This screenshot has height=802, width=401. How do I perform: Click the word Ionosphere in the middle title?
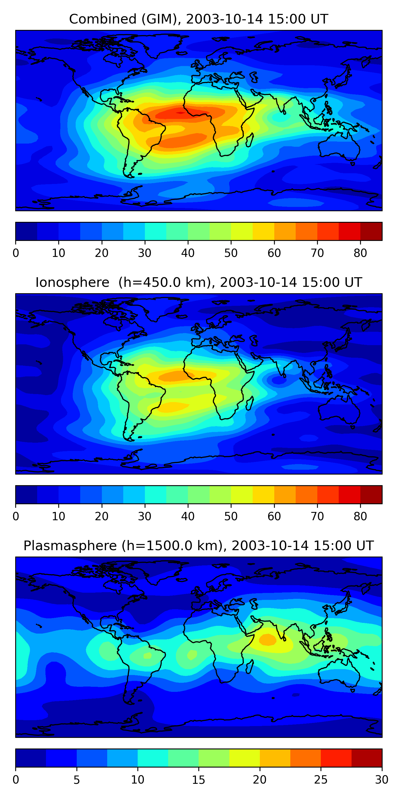72,283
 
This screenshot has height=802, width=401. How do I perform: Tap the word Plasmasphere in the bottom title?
70,546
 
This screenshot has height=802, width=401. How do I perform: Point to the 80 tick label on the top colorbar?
360,253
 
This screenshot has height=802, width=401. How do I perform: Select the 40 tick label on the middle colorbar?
188,516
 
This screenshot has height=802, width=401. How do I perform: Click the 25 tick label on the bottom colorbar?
321,780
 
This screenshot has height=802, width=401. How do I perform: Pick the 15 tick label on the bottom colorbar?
199,780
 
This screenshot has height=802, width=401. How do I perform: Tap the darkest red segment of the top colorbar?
371,231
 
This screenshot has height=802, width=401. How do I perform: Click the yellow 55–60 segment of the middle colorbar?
263,494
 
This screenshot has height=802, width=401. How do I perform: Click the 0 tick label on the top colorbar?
16,253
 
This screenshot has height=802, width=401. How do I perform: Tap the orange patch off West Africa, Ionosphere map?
174,376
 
